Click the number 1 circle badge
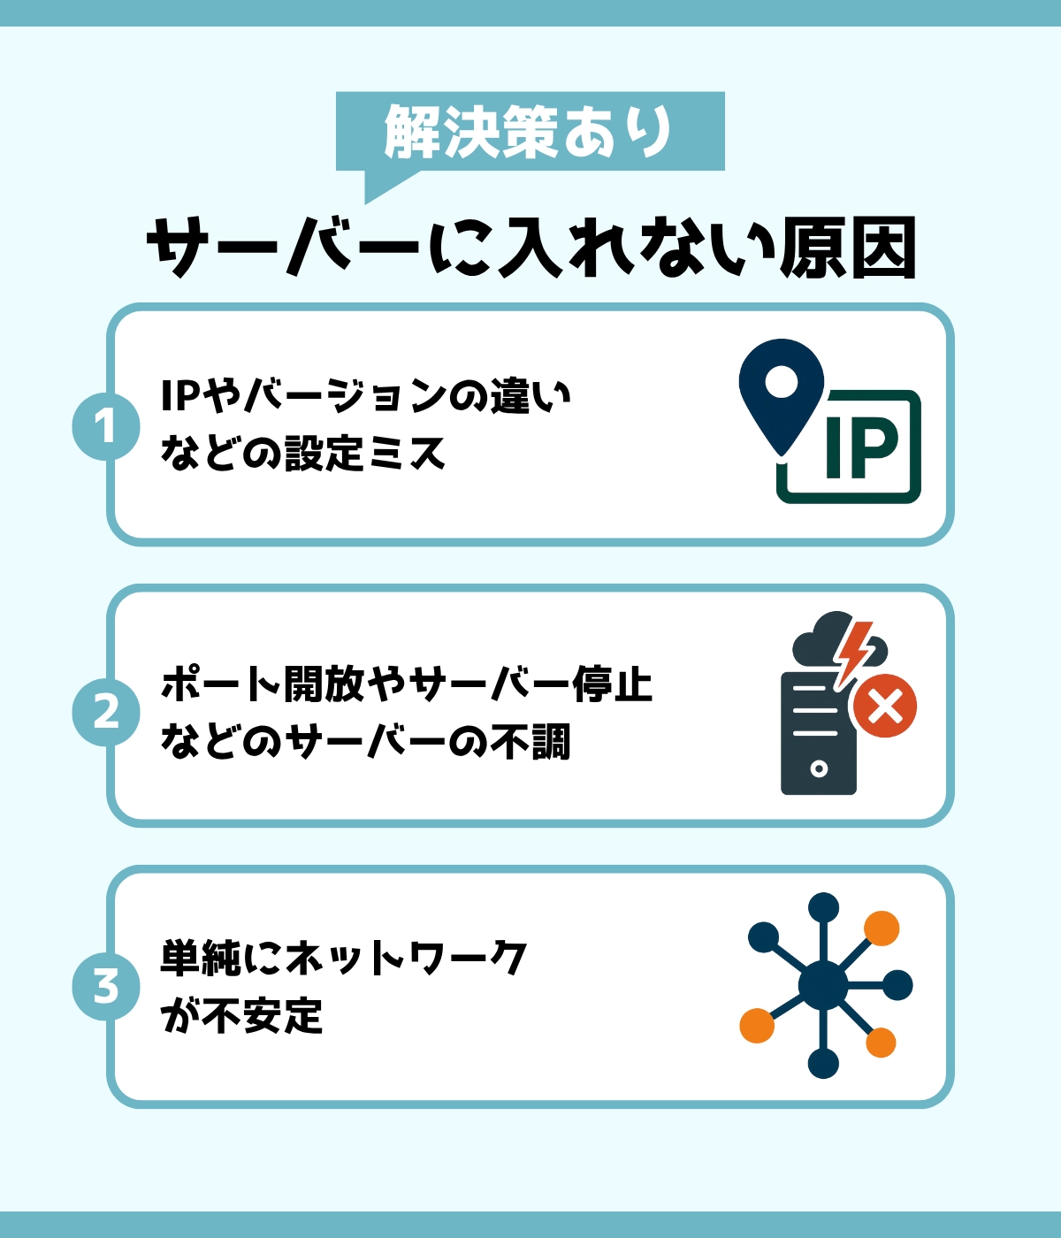pos(106,426)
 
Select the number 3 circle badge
pos(106,986)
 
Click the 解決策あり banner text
pos(530,133)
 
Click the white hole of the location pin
pos(782,382)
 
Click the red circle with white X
pos(885,706)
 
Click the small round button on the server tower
pos(819,768)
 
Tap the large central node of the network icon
pos(822,986)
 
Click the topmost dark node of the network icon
pos(823,907)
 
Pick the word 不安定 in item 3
pos(263,1015)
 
